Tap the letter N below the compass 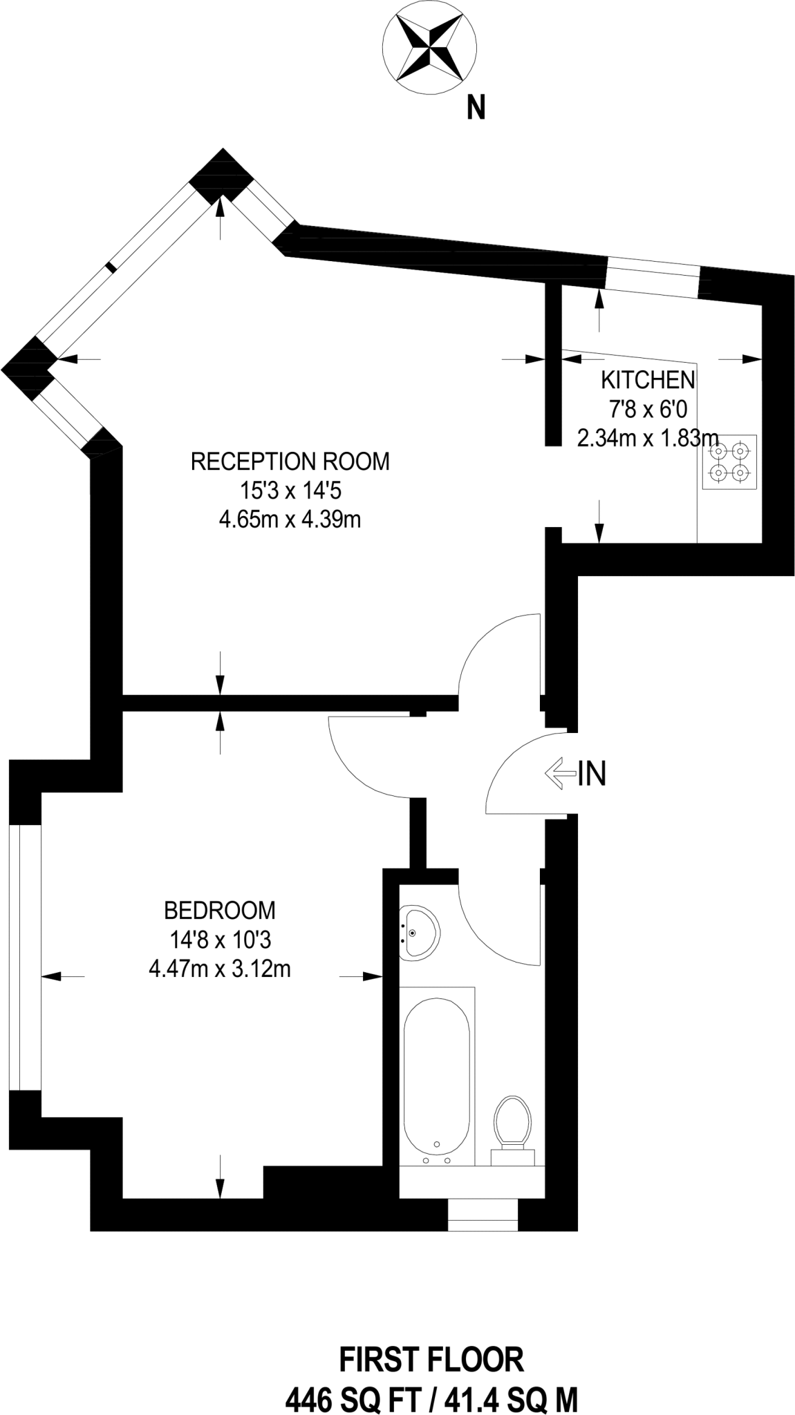pos(476,108)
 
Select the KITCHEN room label pos(648,380)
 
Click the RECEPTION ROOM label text pos(290,461)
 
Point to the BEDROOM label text pos(220,910)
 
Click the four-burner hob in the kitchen pos(729,462)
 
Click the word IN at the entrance pos(592,774)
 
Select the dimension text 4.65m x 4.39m pos(290,519)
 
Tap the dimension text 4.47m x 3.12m pos(220,969)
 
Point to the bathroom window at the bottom pos(483,1215)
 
